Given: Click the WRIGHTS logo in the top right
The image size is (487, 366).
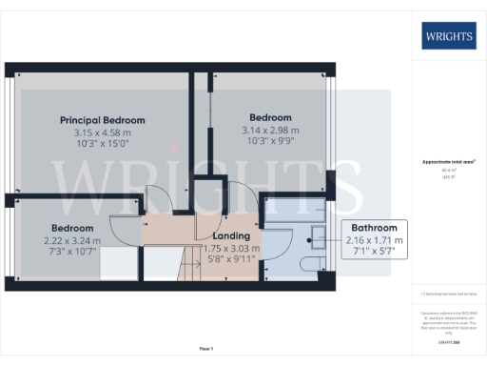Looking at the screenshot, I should pos(449,37).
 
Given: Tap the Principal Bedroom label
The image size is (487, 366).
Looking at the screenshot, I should pos(103,120).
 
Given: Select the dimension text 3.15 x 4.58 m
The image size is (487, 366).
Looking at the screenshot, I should pos(103,132).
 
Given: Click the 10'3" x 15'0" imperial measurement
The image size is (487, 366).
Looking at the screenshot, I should pos(103,144).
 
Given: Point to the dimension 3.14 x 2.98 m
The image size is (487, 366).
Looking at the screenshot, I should pos(271,131).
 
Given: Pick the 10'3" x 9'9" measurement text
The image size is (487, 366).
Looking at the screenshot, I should pos(271,142).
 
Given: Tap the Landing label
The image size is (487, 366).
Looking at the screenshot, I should pos(231,235).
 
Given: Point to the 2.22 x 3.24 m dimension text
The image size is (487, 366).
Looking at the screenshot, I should pos(73,240).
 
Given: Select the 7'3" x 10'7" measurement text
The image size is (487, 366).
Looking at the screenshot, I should pos(73,252).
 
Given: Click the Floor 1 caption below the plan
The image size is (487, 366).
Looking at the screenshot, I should pos(206,349).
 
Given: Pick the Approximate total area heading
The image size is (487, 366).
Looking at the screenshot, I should pos(448,162).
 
